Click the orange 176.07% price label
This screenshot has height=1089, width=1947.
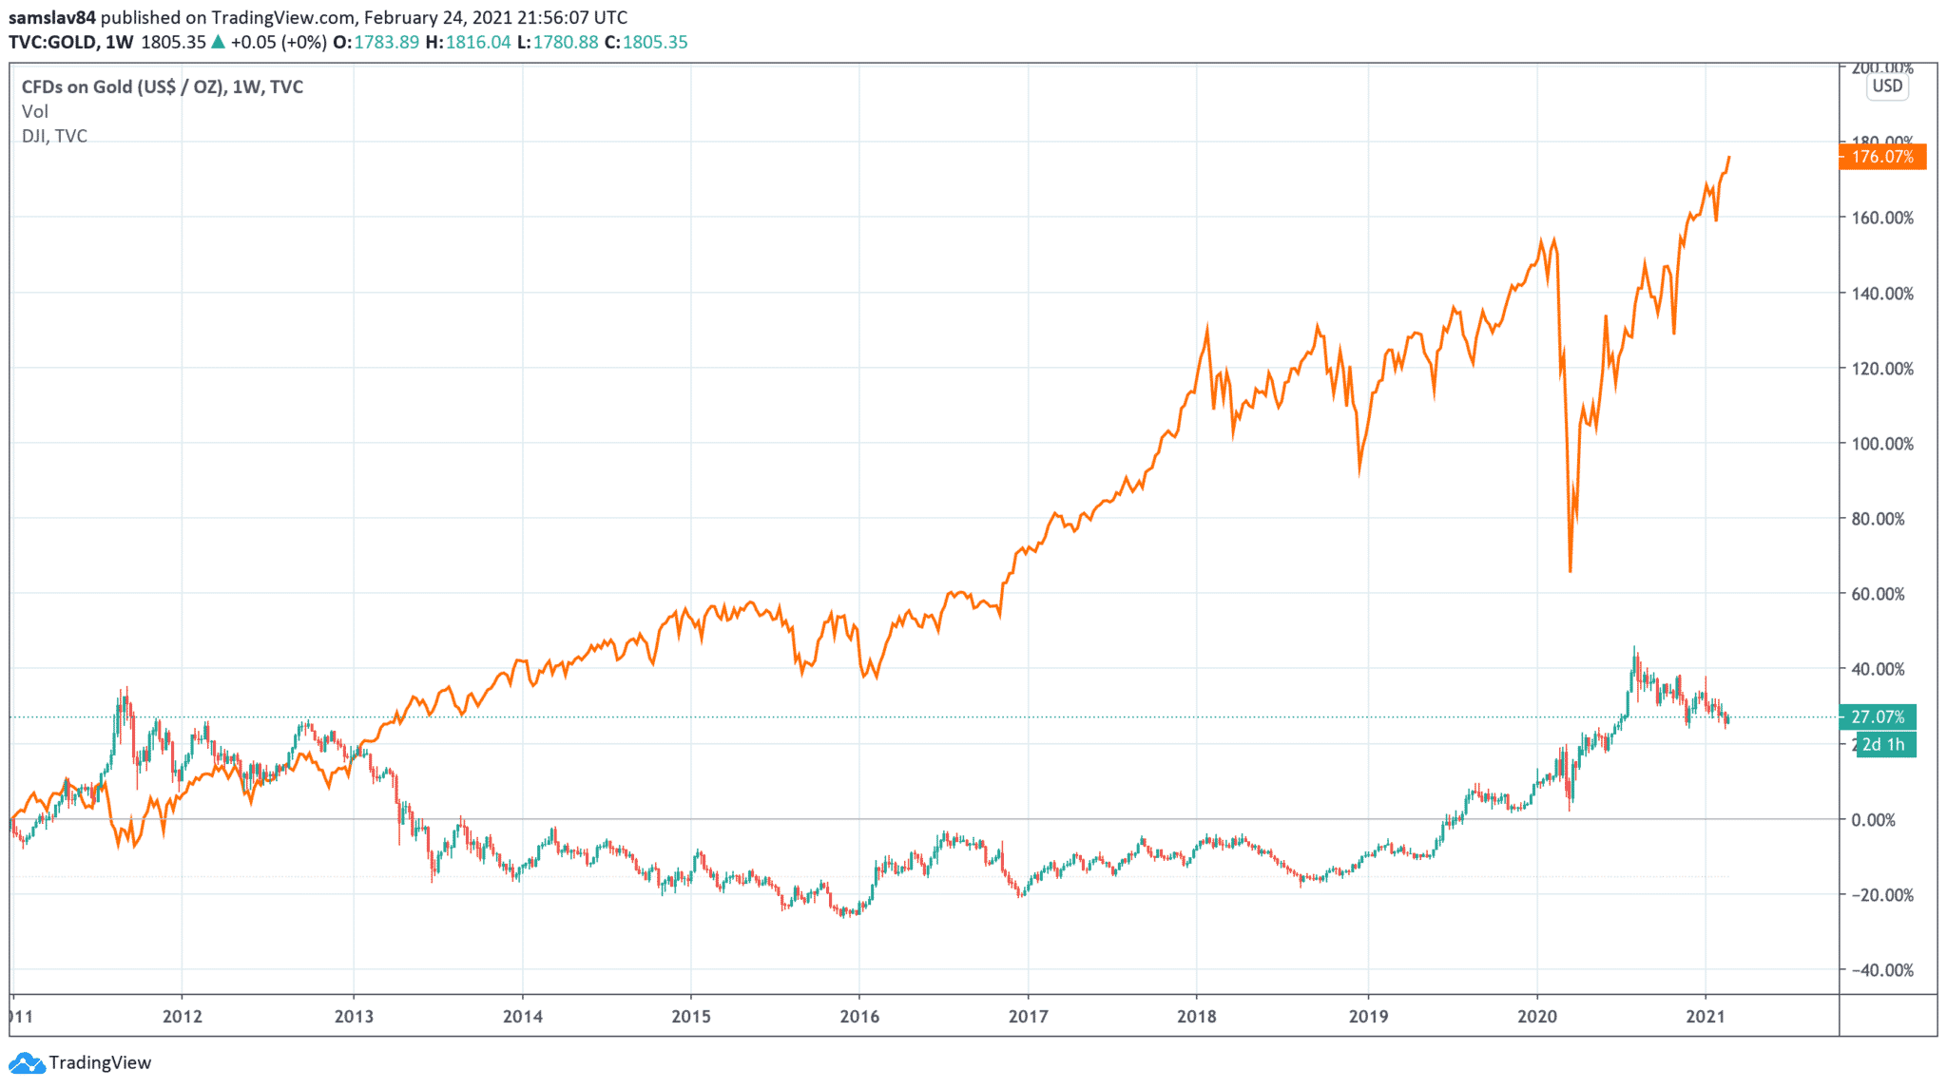[1882, 157]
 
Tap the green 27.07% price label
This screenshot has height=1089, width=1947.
[1878, 717]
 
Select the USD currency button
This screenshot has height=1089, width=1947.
[1887, 86]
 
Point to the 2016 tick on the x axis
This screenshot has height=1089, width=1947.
[859, 1017]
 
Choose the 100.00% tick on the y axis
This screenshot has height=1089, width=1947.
[1881, 444]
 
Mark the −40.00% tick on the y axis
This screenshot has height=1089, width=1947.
[1881, 970]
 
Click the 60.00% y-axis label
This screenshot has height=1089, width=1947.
[1881, 594]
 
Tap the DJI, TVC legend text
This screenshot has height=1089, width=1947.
[54, 136]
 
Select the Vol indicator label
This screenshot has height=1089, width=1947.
[34, 111]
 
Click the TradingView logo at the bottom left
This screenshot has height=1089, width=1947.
[81, 1062]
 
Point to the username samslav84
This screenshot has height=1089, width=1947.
[52, 17]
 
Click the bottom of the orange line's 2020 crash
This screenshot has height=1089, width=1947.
[1570, 570]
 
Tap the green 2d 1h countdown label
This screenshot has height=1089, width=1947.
[1883, 745]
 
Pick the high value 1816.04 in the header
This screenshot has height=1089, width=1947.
[478, 42]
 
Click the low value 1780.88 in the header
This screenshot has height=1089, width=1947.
[566, 42]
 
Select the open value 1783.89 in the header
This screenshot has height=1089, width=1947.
[386, 42]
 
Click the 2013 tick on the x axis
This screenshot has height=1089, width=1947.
[354, 1017]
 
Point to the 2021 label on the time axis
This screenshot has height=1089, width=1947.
[1706, 1017]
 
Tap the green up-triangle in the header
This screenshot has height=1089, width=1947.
[218, 42]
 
